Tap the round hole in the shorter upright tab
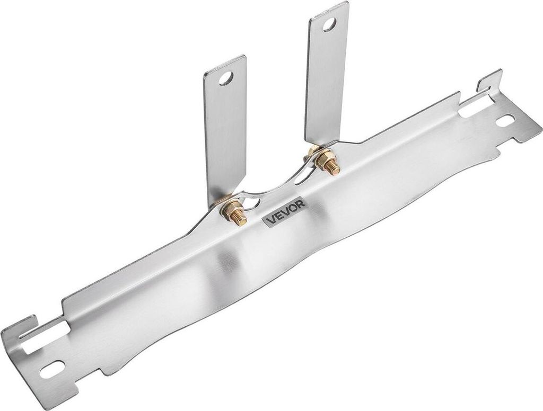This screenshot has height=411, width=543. tap(226, 78)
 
